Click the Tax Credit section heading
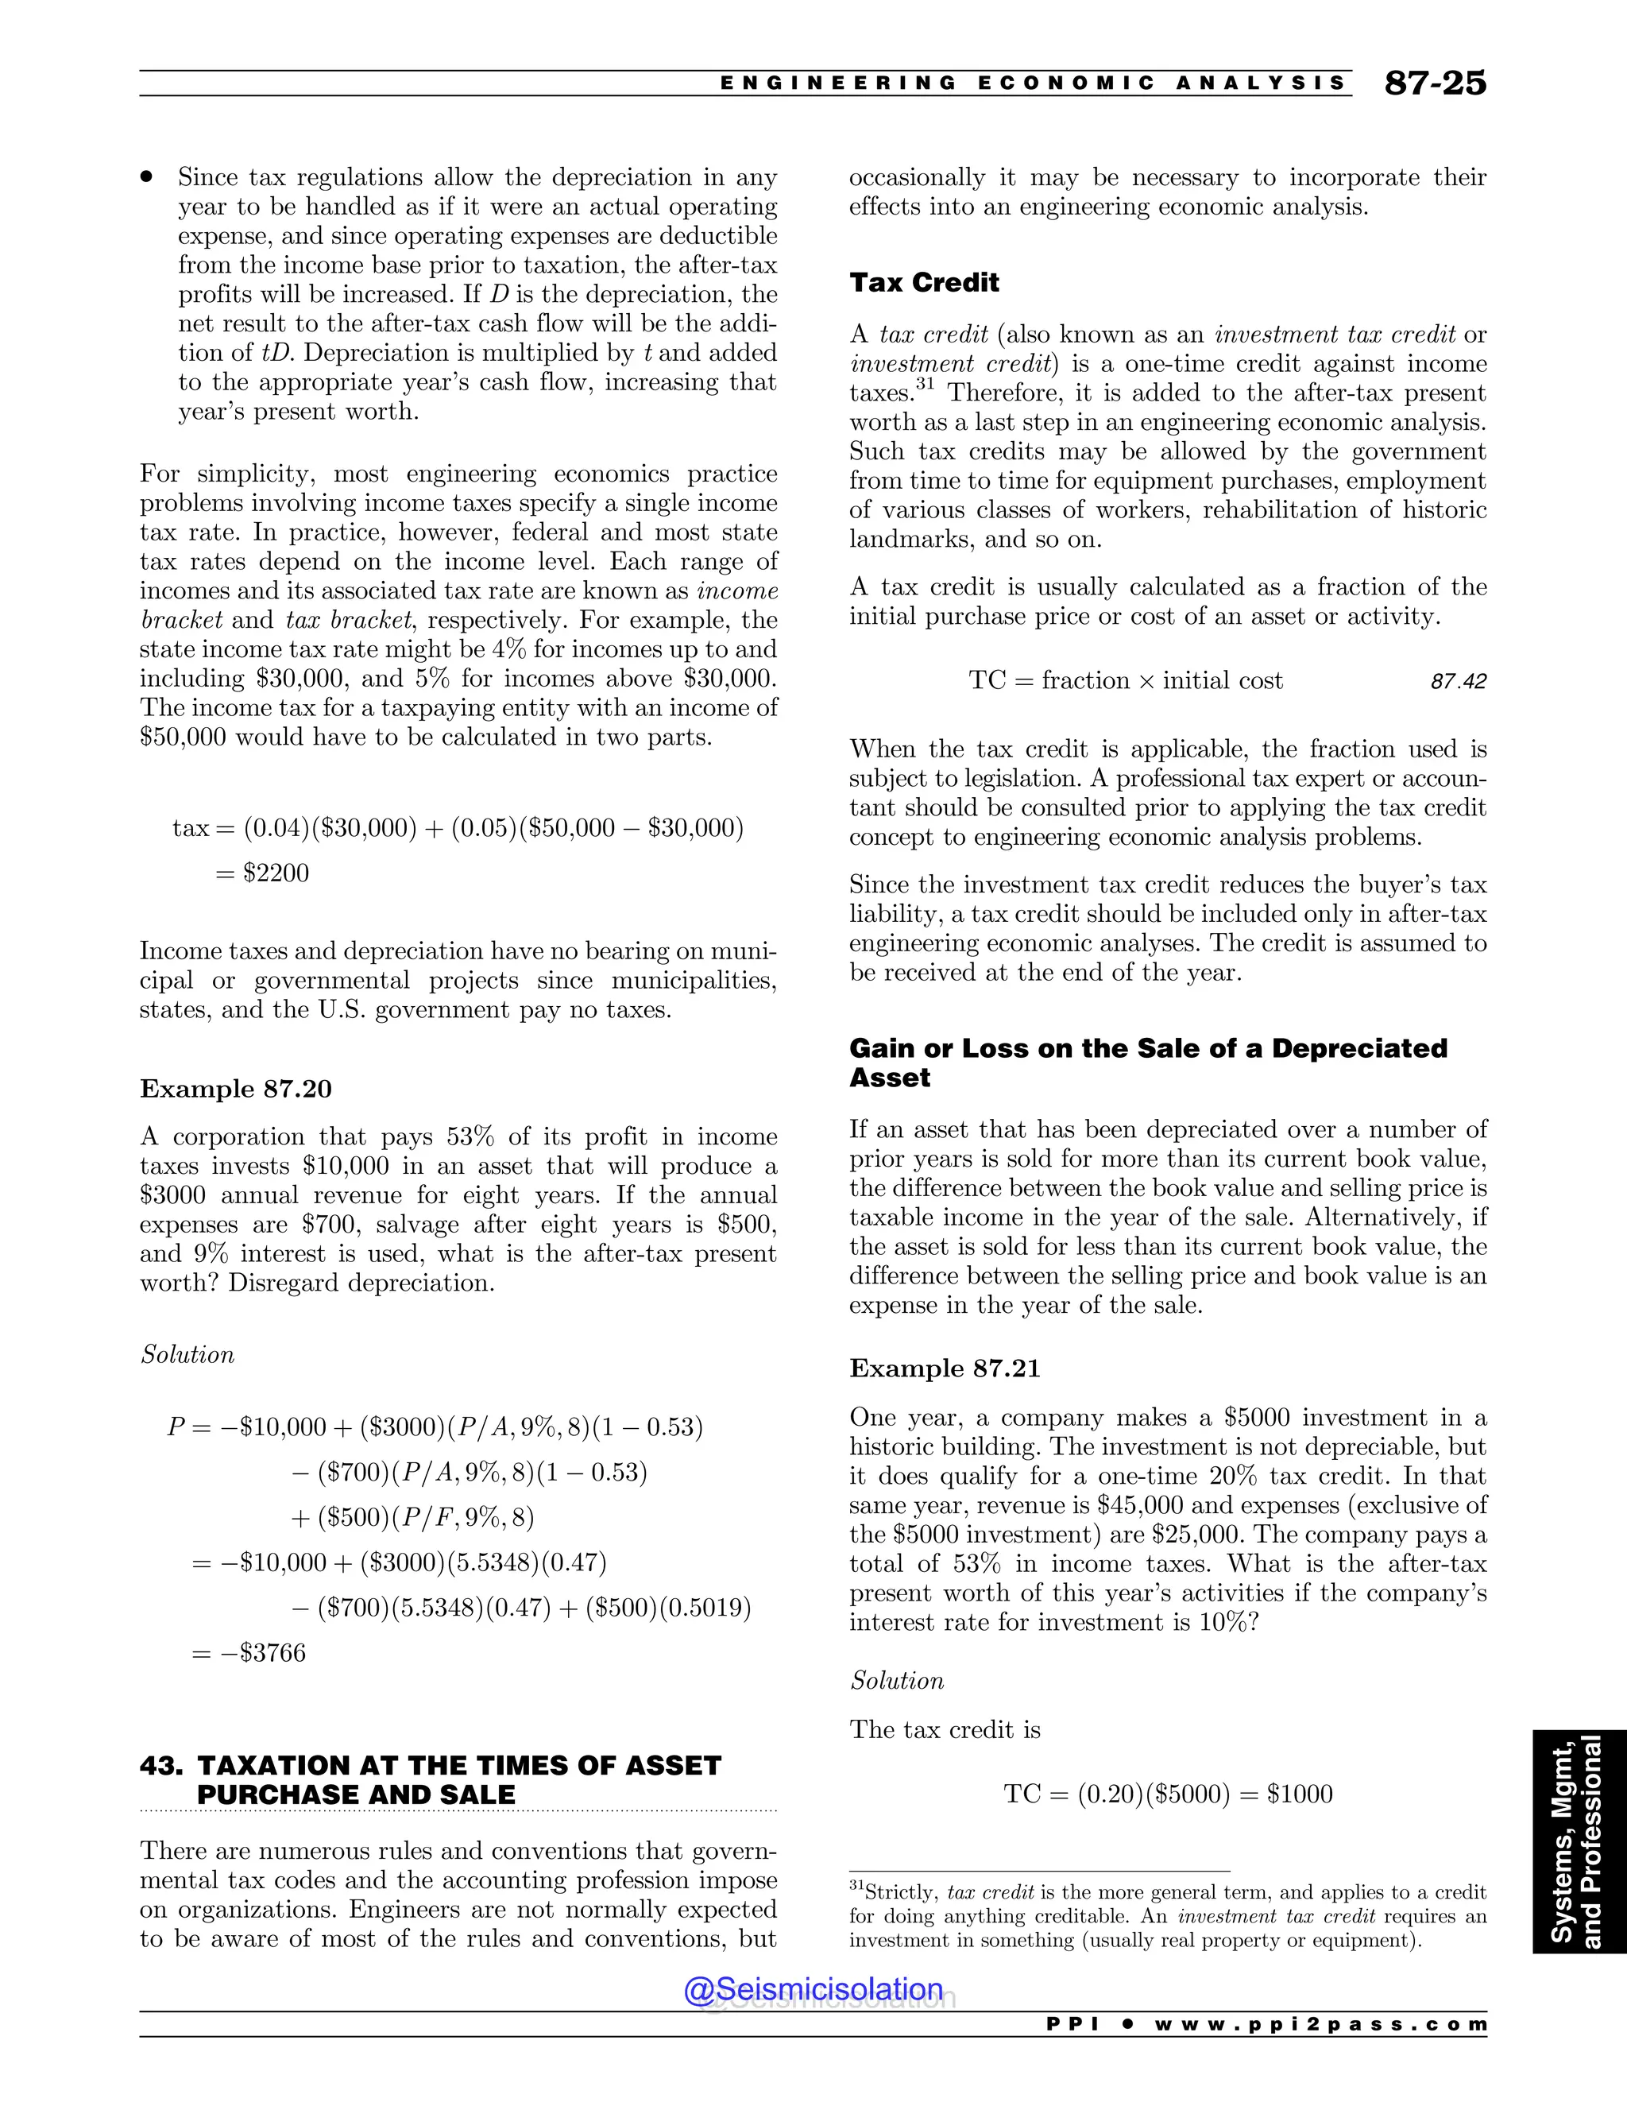pos(923,283)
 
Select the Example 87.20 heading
pos(235,1089)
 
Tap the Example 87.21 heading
pos(945,1369)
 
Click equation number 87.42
pos(1459,682)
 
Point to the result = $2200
pos(262,873)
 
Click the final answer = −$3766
pos(249,1653)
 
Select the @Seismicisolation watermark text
pos(813,1988)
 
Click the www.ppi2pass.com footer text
pos(1320,2024)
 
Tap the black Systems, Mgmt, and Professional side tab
pos(1579,1842)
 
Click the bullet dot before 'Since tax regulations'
pos(148,177)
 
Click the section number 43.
pos(160,1766)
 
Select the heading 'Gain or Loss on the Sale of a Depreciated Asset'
pos(1147,1062)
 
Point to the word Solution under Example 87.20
pos(187,1355)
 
